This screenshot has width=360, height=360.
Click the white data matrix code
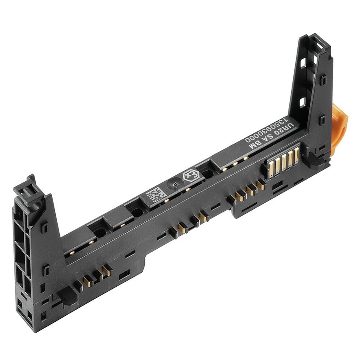[x=156, y=195]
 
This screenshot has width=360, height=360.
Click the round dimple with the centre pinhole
[x=174, y=184]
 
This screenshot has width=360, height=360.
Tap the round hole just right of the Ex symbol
[x=208, y=174]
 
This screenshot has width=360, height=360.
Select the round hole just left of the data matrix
[x=137, y=212]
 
